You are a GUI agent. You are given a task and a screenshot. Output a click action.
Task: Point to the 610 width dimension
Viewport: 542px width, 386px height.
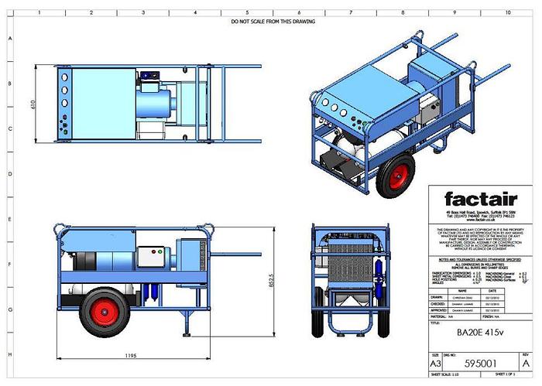tap(33, 104)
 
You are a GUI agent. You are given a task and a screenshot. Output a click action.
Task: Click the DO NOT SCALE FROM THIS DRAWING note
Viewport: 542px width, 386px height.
tap(273, 22)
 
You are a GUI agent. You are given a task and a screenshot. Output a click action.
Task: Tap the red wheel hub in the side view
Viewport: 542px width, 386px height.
tap(108, 308)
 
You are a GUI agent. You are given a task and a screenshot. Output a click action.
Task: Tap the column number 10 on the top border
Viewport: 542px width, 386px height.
tap(508, 13)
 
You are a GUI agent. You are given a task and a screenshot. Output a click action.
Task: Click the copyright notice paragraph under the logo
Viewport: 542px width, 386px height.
tap(477, 236)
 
